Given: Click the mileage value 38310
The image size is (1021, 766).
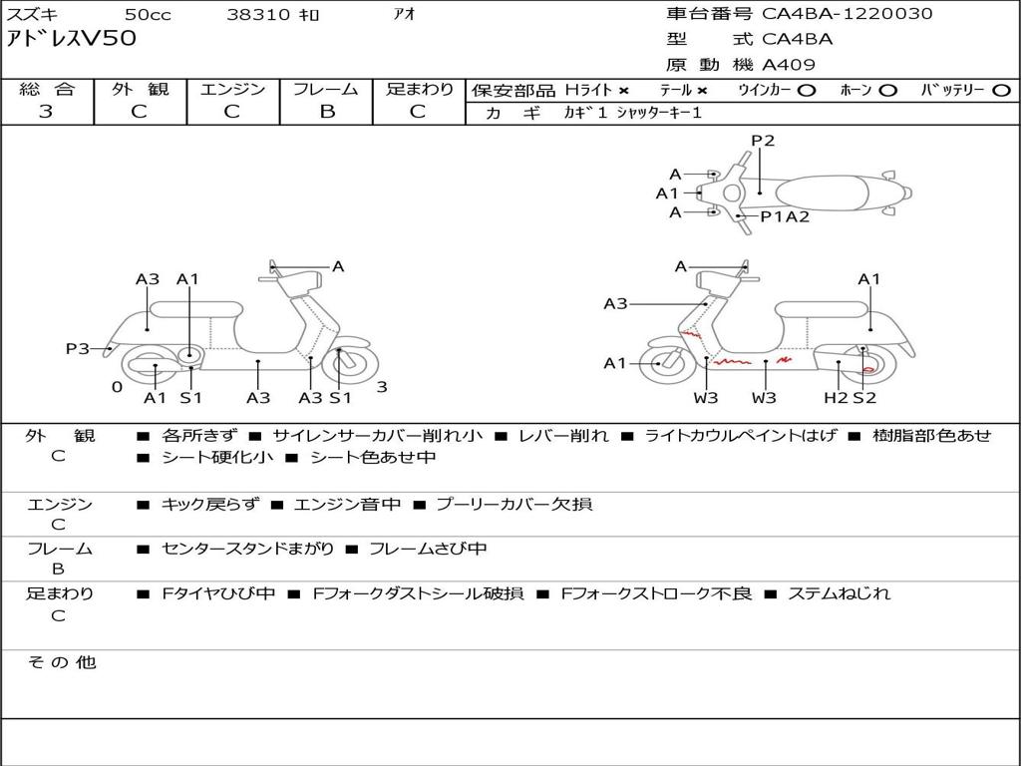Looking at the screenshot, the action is coord(259,15).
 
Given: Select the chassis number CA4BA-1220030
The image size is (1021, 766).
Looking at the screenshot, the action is coord(848,14).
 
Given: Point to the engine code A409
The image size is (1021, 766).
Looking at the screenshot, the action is coord(789,65).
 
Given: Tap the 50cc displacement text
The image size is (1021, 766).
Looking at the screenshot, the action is coord(147,15).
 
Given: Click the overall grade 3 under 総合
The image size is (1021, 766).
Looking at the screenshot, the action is coord(46,112).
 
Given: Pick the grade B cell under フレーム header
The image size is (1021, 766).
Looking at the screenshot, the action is coord(326,112).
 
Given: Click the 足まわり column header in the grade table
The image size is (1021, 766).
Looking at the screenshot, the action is coord(420,90).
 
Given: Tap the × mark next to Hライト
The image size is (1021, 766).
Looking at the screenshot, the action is coord(623,91).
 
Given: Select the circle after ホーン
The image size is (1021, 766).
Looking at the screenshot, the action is coord(887,91).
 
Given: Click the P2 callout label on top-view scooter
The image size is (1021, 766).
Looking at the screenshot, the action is coord(763,141).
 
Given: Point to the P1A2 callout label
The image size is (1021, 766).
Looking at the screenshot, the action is coord(786,216).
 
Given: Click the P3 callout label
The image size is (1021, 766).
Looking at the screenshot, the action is coord(78,349).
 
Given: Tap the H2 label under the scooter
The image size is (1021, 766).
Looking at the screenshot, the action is coord(836,398).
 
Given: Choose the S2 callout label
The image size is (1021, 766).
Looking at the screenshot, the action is coord(864,398).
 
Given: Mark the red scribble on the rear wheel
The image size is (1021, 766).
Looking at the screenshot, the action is coord(867,369).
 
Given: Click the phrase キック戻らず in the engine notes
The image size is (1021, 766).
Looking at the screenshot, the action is coord(209,505).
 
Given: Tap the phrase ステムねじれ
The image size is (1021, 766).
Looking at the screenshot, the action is coord(839,594).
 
